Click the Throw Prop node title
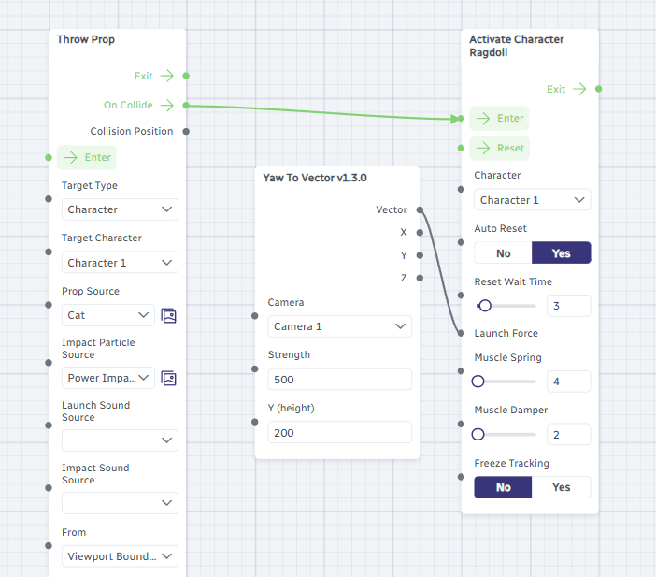coord(86,39)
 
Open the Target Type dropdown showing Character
coord(120,209)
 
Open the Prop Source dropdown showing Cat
coord(108,315)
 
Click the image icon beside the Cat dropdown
coord(168,316)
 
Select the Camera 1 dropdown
coord(340,326)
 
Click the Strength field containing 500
coord(340,380)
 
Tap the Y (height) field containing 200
coord(340,433)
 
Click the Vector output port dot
coord(420,209)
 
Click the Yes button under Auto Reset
coord(561,252)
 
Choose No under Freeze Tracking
coord(503,487)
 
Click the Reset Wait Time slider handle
coord(485,306)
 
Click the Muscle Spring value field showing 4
coord(568,382)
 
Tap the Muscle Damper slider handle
coord(478,434)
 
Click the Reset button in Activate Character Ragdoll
coord(499,148)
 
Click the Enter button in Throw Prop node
coord(87,157)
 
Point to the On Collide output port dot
coord(186,105)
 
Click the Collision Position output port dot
coord(186,132)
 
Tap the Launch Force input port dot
coord(461,333)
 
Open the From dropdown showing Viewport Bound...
coord(120,556)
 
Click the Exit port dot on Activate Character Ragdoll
coord(599,89)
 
